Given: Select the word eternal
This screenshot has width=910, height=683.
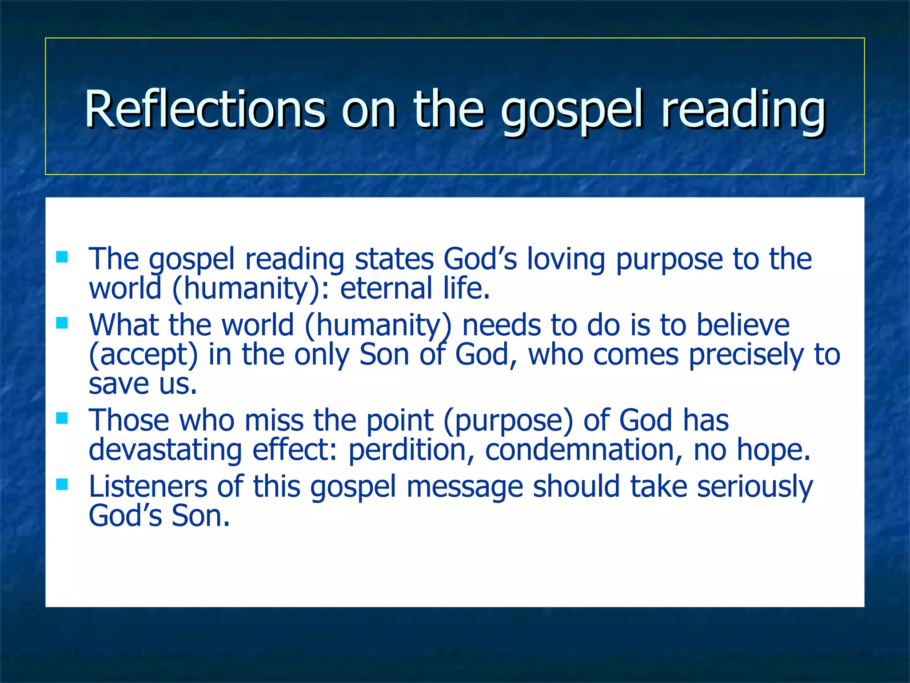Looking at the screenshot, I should [x=386, y=288].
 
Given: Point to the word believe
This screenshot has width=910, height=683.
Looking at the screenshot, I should [x=743, y=325].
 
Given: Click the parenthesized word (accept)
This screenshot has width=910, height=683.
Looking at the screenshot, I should [x=143, y=355].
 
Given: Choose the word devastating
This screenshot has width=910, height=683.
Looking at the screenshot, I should [x=165, y=450].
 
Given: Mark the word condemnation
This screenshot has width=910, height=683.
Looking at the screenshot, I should [x=583, y=450].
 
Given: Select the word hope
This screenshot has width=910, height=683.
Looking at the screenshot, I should [x=774, y=450].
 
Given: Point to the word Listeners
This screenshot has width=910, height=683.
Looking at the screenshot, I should [x=148, y=486].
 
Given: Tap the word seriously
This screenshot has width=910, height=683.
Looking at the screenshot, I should [x=755, y=486].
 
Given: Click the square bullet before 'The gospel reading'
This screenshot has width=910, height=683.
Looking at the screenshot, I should [x=62, y=257].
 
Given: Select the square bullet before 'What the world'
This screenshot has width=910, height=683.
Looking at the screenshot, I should [x=62, y=323].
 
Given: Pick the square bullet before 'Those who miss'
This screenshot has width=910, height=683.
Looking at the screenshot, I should [x=62, y=418].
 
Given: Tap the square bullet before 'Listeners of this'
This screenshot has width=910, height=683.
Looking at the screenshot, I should [x=62, y=484].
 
